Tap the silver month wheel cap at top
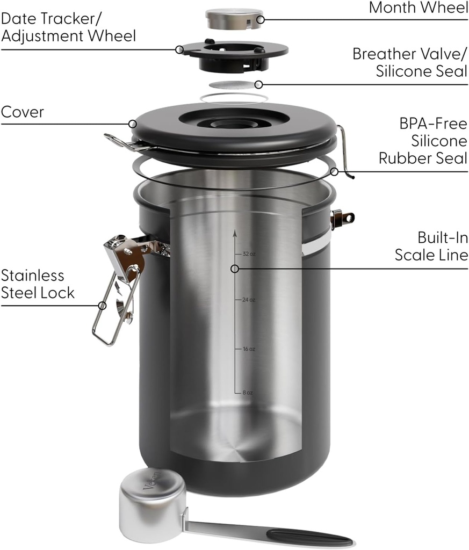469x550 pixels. [x=234, y=19]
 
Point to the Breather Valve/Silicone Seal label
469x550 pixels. [x=410, y=62]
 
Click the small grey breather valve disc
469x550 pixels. [x=233, y=85]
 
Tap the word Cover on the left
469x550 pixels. [x=23, y=112]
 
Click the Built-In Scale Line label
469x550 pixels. [x=431, y=246]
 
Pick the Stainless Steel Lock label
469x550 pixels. [x=38, y=284]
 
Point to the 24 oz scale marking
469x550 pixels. [x=248, y=300]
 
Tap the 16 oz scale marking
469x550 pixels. [x=248, y=349]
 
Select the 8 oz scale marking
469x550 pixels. [x=247, y=393]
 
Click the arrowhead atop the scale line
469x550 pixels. [x=234, y=233]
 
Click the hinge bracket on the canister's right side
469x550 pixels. [x=342, y=218]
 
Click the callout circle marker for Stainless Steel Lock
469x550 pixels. [x=102, y=306]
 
